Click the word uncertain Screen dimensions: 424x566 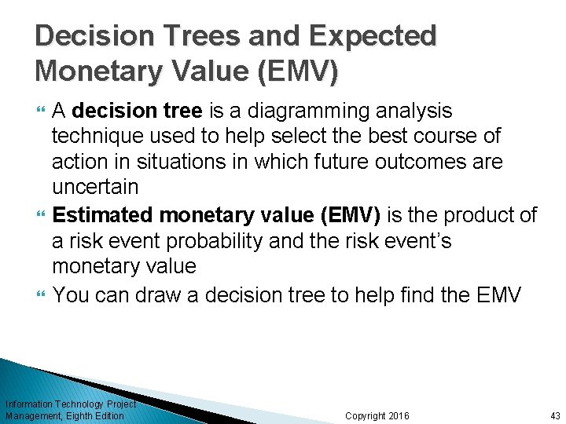95,188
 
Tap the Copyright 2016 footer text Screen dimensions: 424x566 377,415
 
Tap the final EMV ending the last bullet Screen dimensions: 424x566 499,294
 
